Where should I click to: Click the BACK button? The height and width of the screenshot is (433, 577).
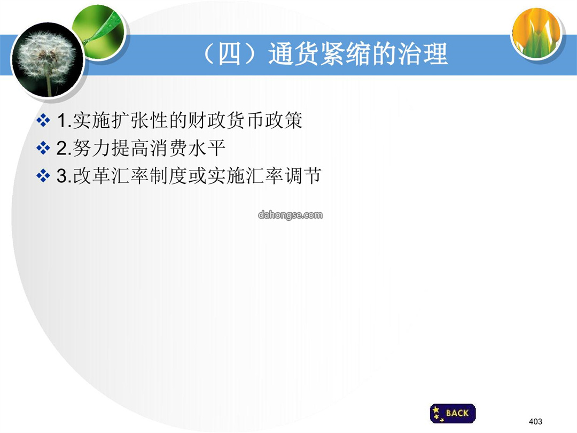point(453,413)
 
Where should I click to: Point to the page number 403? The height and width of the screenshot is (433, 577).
point(535,421)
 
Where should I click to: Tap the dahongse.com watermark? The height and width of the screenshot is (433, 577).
point(290,215)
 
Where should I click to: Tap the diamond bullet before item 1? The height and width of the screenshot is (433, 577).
point(43,120)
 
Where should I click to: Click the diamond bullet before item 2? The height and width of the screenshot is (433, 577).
point(43,148)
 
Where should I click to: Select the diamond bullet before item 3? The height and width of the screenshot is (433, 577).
point(43,176)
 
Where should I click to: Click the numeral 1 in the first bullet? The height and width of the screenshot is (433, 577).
point(63,120)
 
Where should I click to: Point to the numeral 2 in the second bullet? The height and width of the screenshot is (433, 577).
point(63,149)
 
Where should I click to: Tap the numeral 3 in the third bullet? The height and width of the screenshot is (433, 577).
point(63,176)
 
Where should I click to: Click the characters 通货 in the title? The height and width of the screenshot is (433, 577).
point(293,54)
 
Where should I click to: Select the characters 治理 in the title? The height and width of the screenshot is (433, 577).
point(423,54)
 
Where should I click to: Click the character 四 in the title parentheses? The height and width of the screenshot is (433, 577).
point(230,54)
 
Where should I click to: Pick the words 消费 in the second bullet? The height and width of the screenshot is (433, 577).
point(168,149)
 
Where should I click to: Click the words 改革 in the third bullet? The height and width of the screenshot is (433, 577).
point(92,176)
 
